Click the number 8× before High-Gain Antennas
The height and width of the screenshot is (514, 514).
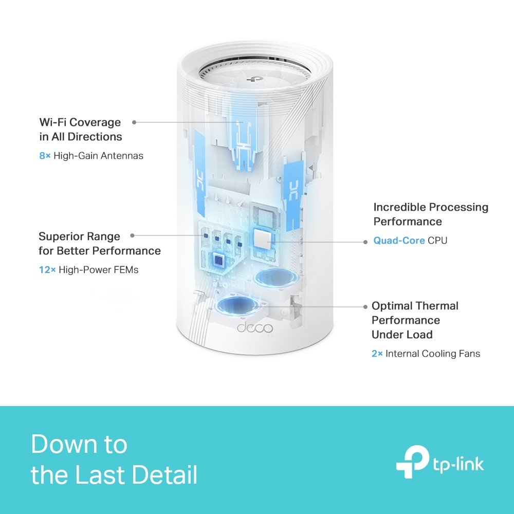(45, 155)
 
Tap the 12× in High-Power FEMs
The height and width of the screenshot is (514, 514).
(47, 269)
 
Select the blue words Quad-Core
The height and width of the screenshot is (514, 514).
(399, 240)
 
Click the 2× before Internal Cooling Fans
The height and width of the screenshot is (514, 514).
(377, 354)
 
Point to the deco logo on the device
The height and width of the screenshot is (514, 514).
(254, 327)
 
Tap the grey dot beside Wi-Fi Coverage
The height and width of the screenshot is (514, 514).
(134, 122)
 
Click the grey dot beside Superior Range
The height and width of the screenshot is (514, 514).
(132, 235)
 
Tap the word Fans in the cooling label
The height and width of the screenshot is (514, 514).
(469, 354)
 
